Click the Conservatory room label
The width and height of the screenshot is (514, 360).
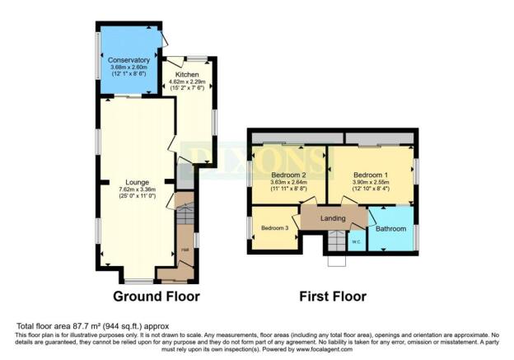click(128, 60)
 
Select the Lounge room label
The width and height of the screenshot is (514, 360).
click(138, 182)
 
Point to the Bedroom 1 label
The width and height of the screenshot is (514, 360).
click(369, 175)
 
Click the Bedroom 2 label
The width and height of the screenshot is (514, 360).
click(288, 175)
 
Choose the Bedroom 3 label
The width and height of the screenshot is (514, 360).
click(273, 228)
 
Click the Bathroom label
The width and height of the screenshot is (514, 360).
click(390, 228)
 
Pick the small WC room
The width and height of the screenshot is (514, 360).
click(357, 241)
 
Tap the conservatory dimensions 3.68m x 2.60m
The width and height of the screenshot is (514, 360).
click(128, 68)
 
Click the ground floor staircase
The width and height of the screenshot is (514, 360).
click(185, 218)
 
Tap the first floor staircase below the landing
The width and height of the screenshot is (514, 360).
click(336, 241)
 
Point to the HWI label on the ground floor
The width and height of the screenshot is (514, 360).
click(185, 250)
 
